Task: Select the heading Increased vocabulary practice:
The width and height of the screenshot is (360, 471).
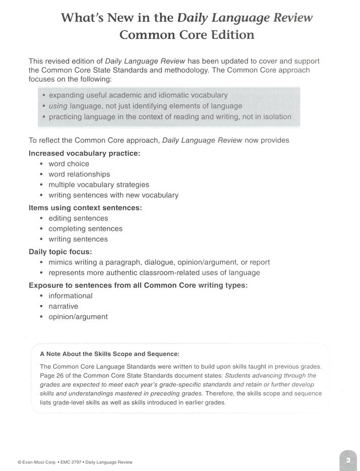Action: click(84, 153)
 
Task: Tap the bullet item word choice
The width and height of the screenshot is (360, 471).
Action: click(69, 163)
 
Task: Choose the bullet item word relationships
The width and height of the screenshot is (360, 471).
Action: click(79, 174)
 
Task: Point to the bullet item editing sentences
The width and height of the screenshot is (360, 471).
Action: click(78, 218)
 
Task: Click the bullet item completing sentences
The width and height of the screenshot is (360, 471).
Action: click(85, 228)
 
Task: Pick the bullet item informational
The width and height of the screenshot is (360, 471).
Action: click(70, 296)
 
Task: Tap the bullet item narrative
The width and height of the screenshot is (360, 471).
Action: click(63, 306)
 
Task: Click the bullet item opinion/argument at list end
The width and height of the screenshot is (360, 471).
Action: click(78, 317)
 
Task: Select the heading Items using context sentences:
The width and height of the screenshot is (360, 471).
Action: click(85, 207)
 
